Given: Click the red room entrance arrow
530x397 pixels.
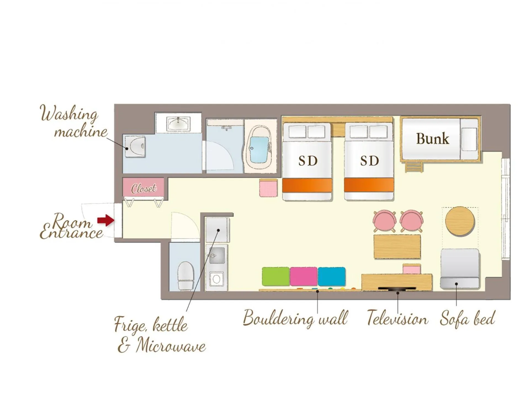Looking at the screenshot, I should click(106, 220).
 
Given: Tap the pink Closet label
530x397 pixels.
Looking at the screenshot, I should click(144, 189).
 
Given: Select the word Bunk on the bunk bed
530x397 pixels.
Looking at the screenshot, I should click(432, 139).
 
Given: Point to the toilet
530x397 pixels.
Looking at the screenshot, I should click(185, 276).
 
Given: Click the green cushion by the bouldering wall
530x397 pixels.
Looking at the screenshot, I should click(275, 276).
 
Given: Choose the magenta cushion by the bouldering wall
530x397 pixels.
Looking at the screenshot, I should click(303, 276).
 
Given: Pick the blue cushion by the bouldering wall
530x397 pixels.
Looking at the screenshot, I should click(332, 276).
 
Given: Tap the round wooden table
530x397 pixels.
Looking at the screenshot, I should click(460, 221).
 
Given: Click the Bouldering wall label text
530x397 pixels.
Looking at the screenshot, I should click(295, 318).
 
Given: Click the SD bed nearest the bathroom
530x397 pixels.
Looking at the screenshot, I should click(307, 161).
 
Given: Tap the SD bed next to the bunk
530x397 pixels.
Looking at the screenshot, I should click(369, 161).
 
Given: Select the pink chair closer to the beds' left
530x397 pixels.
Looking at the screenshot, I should click(384, 221).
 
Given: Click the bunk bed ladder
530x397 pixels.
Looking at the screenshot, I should click(414, 167).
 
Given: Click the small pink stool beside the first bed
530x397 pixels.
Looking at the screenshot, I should click(268, 188).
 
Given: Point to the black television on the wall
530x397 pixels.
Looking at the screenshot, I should click(397, 289).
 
